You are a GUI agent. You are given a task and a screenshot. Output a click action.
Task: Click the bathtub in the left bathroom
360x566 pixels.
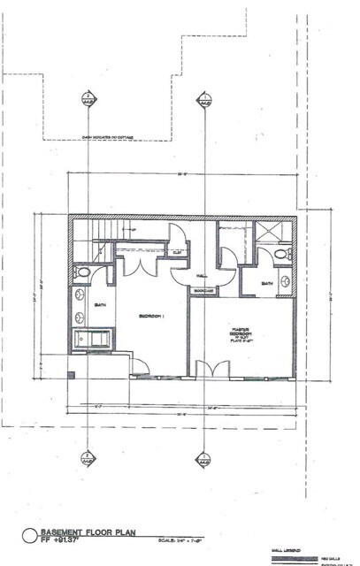pos(91,339)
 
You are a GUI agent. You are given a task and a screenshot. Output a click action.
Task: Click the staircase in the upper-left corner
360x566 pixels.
pos(96,233)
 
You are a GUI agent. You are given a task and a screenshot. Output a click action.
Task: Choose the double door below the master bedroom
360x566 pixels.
pos(204,369)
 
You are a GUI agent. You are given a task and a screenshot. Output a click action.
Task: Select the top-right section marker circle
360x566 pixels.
pos(205,98)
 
